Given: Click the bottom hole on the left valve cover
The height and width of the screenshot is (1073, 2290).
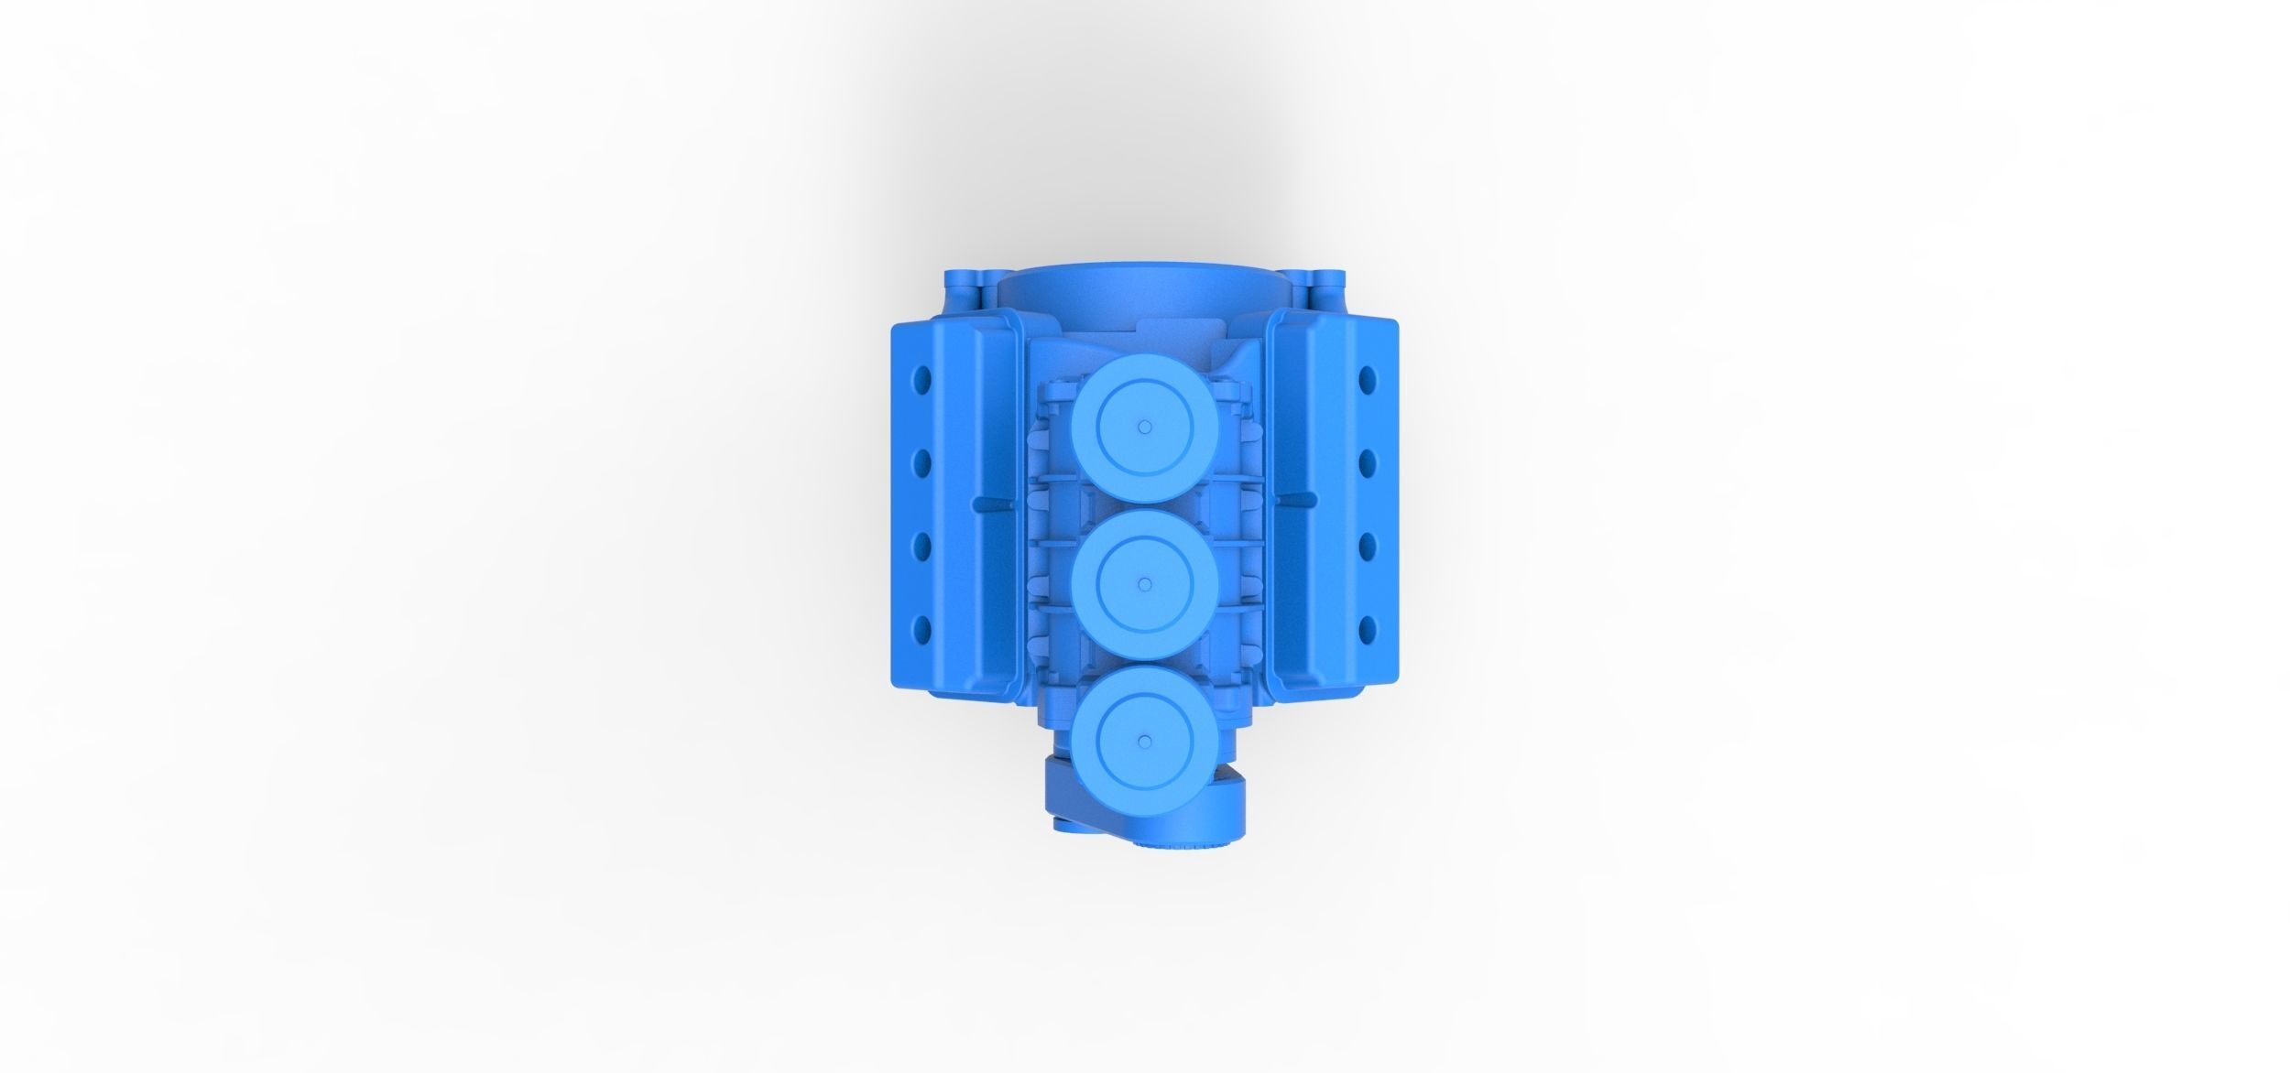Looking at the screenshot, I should click(923, 628).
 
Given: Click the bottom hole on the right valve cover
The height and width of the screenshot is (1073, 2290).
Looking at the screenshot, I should click(1368, 628).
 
